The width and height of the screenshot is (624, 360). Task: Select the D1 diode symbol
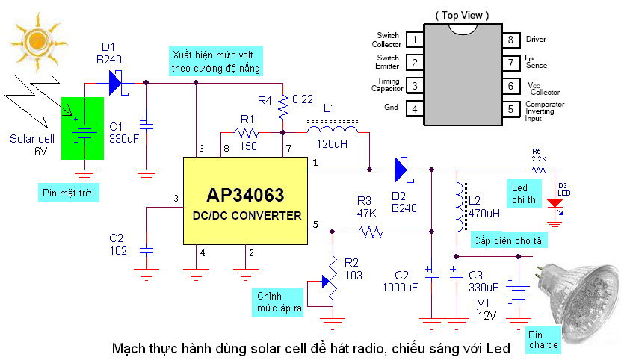[x=114, y=81]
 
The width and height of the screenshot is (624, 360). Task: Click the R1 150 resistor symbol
[x=246, y=133]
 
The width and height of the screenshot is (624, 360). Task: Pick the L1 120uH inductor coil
[x=332, y=131]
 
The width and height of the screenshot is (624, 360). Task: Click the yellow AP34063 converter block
[x=246, y=199]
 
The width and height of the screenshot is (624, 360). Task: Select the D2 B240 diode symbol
[x=400, y=170]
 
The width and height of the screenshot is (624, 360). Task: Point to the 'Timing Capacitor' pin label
[x=388, y=87]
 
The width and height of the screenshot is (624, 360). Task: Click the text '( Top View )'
[x=461, y=14]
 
